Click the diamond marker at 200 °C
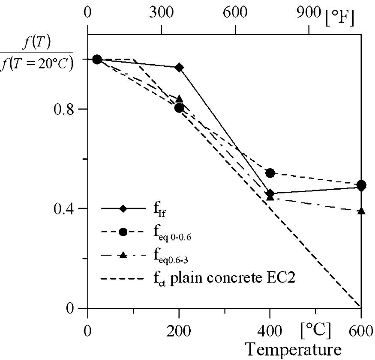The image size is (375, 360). coord(179,67)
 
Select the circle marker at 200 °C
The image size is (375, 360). coord(179,107)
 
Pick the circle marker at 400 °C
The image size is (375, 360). coord(270,173)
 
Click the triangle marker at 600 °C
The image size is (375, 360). coord(361,211)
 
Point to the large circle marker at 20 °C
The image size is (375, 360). coord(97,59)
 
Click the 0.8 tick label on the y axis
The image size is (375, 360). coord(63,109)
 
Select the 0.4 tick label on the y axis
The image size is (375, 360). coord(63,209)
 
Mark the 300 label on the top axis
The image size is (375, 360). coord(162,12)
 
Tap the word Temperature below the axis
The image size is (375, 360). coord(294,349)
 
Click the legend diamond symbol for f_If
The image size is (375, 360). coord(123,209)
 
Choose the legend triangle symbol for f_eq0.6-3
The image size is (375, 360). coord(123,255)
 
